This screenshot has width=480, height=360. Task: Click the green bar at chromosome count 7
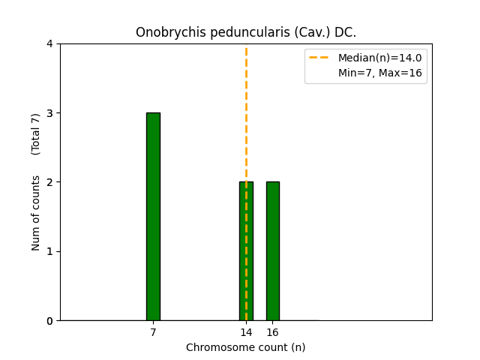(x=153, y=217)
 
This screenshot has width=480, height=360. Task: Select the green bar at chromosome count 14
(x=246, y=251)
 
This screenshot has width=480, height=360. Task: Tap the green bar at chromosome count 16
(x=272, y=251)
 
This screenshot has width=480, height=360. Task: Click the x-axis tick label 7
(x=153, y=332)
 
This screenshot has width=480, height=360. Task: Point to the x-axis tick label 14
(x=246, y=332)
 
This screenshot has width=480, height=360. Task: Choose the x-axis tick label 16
(x=272, y=332)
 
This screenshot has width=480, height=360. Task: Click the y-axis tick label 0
(x=49, y=321)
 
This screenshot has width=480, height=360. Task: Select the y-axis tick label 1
(x=49, y=251)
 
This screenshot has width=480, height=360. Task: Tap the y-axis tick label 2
(x=49, y=182)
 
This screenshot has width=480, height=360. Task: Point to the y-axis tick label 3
(x=49, y=113)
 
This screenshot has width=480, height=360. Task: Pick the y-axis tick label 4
(x=49, y=43)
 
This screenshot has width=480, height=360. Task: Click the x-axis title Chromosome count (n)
(x=246, y=347)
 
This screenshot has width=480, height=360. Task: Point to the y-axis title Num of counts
(x=36, y=213)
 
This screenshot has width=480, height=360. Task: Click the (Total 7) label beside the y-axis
(x=36, y=134)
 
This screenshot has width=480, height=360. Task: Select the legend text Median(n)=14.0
(x=379, y=58)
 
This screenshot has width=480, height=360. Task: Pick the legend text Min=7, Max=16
(x=379, y=73)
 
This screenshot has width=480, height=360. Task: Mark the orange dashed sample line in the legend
(x=321, y=58)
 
